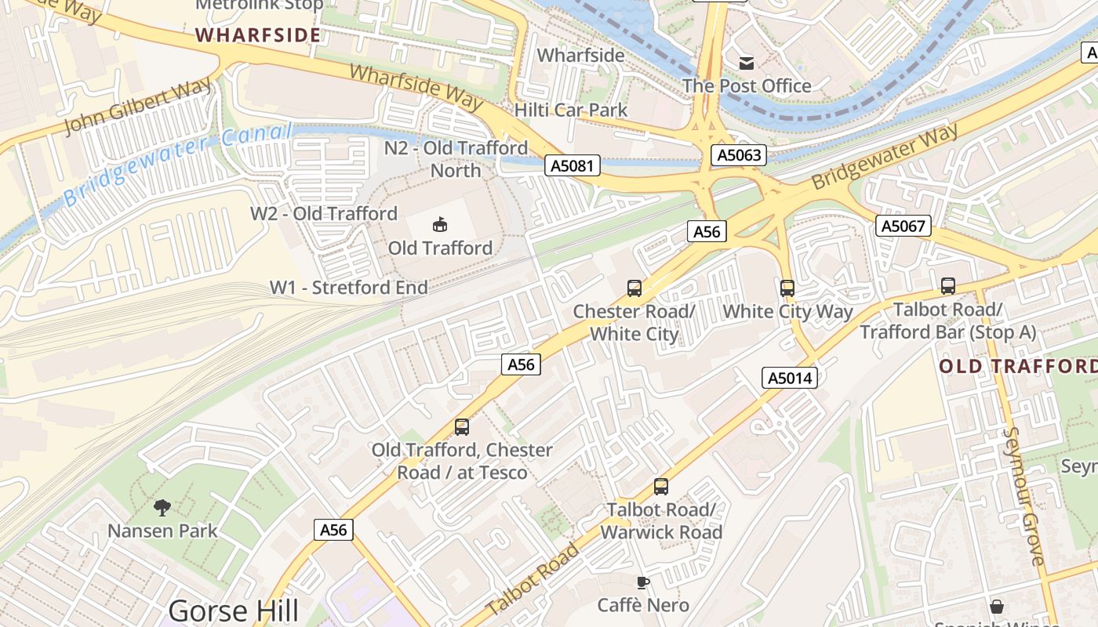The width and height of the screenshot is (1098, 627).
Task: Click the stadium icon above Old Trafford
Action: [x=440, y=225]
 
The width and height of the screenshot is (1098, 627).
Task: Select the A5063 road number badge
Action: [x=740, y=155]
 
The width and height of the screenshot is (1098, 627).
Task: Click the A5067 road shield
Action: [x=903, y=227]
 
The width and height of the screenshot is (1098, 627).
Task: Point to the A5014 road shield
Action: [x=791, y=378]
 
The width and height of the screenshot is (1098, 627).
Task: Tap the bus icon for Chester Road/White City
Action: [x=634, y=288]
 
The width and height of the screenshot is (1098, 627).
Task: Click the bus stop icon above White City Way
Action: [x=787, y=288]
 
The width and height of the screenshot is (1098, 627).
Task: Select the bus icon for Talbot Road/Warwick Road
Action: [x=661, y=487]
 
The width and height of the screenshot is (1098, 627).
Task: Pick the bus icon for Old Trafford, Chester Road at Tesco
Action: [x=462, y=427]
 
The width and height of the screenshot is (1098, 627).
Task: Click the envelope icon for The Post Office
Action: [x=747, y=63]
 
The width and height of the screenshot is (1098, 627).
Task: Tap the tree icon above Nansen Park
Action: [x=162, y=507]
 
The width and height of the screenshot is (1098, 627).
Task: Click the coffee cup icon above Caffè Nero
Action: [x=643, y=582]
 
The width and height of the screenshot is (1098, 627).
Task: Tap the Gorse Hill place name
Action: [x=234, y=611]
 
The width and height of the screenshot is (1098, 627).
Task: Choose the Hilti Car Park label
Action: [x=571, y=110]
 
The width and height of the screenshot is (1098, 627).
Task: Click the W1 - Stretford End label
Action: [x=349, y=288]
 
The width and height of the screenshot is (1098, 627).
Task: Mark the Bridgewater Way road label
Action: [x=885, y=157]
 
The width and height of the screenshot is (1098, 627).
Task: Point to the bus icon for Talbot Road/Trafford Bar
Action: [x=948, y=286]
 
